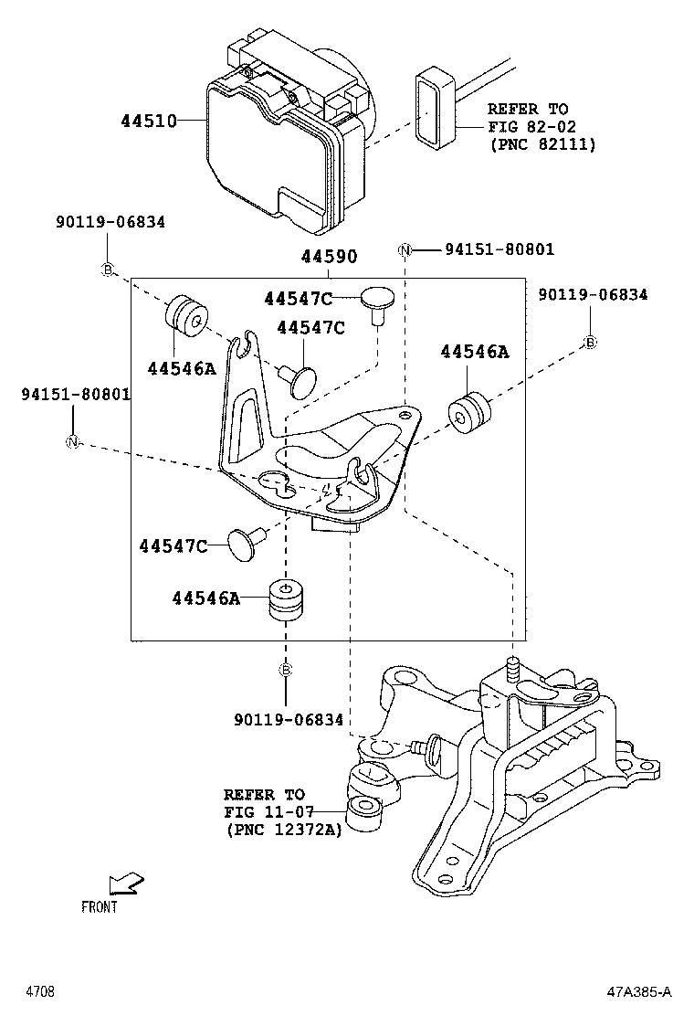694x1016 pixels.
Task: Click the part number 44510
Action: [148, 120]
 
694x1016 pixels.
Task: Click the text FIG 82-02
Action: [531, 126]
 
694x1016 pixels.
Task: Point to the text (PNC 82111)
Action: [542, 143]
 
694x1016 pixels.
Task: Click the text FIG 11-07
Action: [265, 812]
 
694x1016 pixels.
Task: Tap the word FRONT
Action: [100, 907]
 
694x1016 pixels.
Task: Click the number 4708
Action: [39, 991]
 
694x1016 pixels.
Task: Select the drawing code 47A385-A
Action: [640, 991]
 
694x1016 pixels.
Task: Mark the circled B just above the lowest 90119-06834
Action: [285, 670]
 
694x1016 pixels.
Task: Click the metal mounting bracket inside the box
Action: [310, 439]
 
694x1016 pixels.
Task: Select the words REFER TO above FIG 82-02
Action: [527, 109]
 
